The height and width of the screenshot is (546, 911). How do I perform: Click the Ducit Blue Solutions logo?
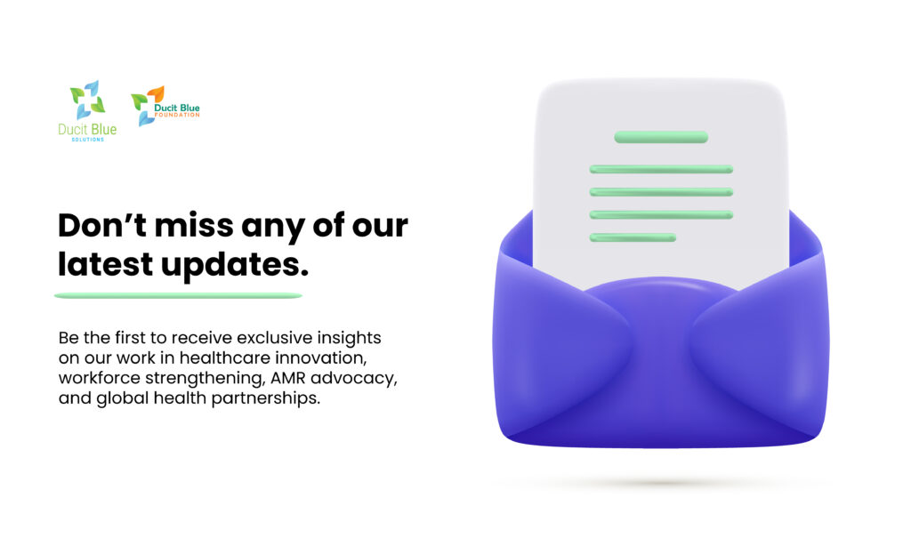pyautogui.click(x=87, y=111)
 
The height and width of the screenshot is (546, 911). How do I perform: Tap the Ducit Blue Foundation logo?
pyautogui.click(x=165, y=106)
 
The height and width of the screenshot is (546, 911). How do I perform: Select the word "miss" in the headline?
pyautogui.click(x=194, y=225)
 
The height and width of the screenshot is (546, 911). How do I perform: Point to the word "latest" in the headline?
pyautogui.click(x=105, y=264)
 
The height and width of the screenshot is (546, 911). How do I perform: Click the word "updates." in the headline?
pyautogui.click(x=235, y=266)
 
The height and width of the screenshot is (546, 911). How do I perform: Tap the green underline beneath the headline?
pyautogui.click(x=178, y=295)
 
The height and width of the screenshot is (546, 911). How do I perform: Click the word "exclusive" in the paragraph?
pyautogui.click(x=275, y=338)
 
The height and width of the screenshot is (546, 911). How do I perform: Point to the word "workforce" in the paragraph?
pyautogui.click(x=100, y=378)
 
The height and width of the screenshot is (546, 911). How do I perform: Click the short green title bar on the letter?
pyautogui.click(x=661, y=137)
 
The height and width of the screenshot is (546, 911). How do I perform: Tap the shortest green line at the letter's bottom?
pyautogui.click(x=633, y=237)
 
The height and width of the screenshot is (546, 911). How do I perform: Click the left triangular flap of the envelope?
pyautogui.click(x=560, y=342)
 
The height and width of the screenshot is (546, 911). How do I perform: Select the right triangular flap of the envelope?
pyautogui.click(x=762, y=342)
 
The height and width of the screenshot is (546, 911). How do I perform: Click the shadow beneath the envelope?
pyautogui.click(x=662, y=483)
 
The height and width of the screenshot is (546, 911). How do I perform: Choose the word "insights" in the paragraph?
pyautogui.click(x=349, y=338)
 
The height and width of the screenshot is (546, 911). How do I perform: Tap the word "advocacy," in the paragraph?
pyautogui.click(x=354, y=379)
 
